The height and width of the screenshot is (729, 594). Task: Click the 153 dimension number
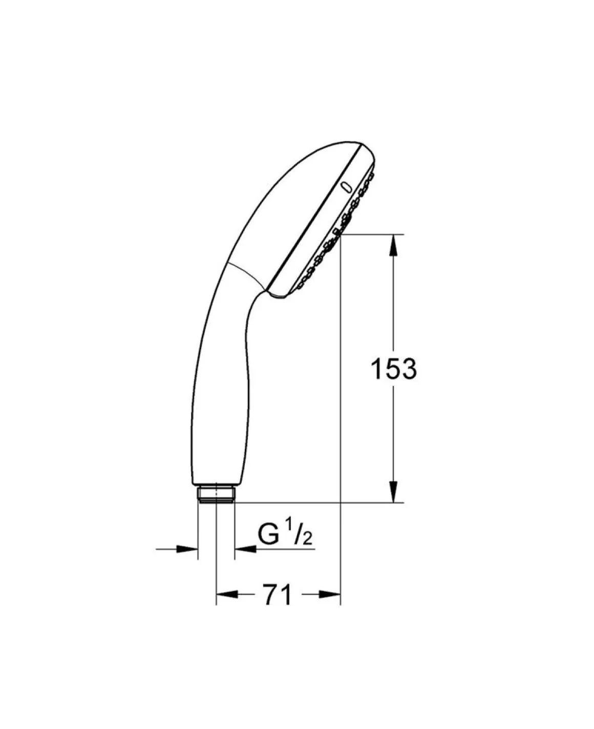pyautogui.click(x=394, y=369)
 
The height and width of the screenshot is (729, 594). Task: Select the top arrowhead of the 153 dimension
pyautogui.click(x=394, y=245)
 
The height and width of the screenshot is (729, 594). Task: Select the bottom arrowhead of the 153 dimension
pyautogui.click(x=394, y=492)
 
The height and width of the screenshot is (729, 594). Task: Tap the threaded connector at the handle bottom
pyautogui.click(x=217, y=494)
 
